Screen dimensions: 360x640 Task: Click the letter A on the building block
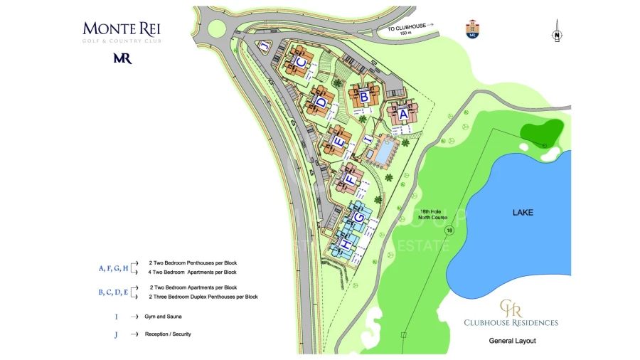pos(402,114)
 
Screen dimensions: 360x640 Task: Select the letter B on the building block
pos(363,95)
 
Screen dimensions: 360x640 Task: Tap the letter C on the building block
pos(302,63)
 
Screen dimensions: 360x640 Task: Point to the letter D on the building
pos(321,102)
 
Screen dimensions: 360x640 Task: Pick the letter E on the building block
pos(340,142)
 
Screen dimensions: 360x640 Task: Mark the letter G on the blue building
pos(360,216)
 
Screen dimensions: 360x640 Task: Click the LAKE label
pos(523,213)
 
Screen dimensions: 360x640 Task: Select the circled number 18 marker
pos(449,231)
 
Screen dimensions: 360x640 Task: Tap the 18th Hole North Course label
pos(432,214)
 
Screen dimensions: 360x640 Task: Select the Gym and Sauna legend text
pos(160,316)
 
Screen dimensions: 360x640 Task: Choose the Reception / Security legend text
pos(168,334)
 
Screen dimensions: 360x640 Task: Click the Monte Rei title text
pos(122,29)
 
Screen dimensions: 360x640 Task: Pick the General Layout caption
pos(512,341)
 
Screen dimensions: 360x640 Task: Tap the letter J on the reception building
pos(265,47)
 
